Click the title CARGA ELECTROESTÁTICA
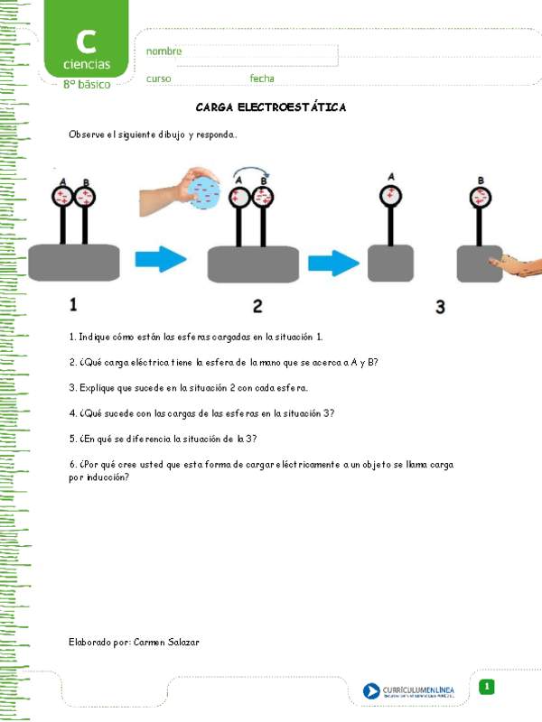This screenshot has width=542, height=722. pyautogui.click(x=271, y=107)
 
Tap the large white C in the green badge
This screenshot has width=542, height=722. pyautogui.click(x=86, y=41)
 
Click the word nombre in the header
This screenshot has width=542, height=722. pyautogui.click(x=164, y=51)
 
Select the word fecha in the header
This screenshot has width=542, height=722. pyautogui.click(x=262, y=79)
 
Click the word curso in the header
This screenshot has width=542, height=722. pyautogui.click(x=158, y=79)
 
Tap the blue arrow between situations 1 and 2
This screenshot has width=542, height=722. pyautogui.click(x=161, y=261)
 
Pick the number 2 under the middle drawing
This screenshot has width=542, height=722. pyautogui.click(x=257, y=306)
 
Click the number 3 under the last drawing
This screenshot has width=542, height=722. pyautogui.click(x=440, y=307)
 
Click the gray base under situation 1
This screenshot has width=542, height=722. pyautogui.click(x=74, y=262)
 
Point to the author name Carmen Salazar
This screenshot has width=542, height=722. pyautogui.click(x=165, y=642)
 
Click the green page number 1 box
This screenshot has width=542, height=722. pyautogui.click(x=486, y=688)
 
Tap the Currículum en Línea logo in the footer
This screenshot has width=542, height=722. pyautogui.click(x=408, y=691)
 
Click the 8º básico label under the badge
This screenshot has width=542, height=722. pyautogui.click(x=87, y=84)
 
